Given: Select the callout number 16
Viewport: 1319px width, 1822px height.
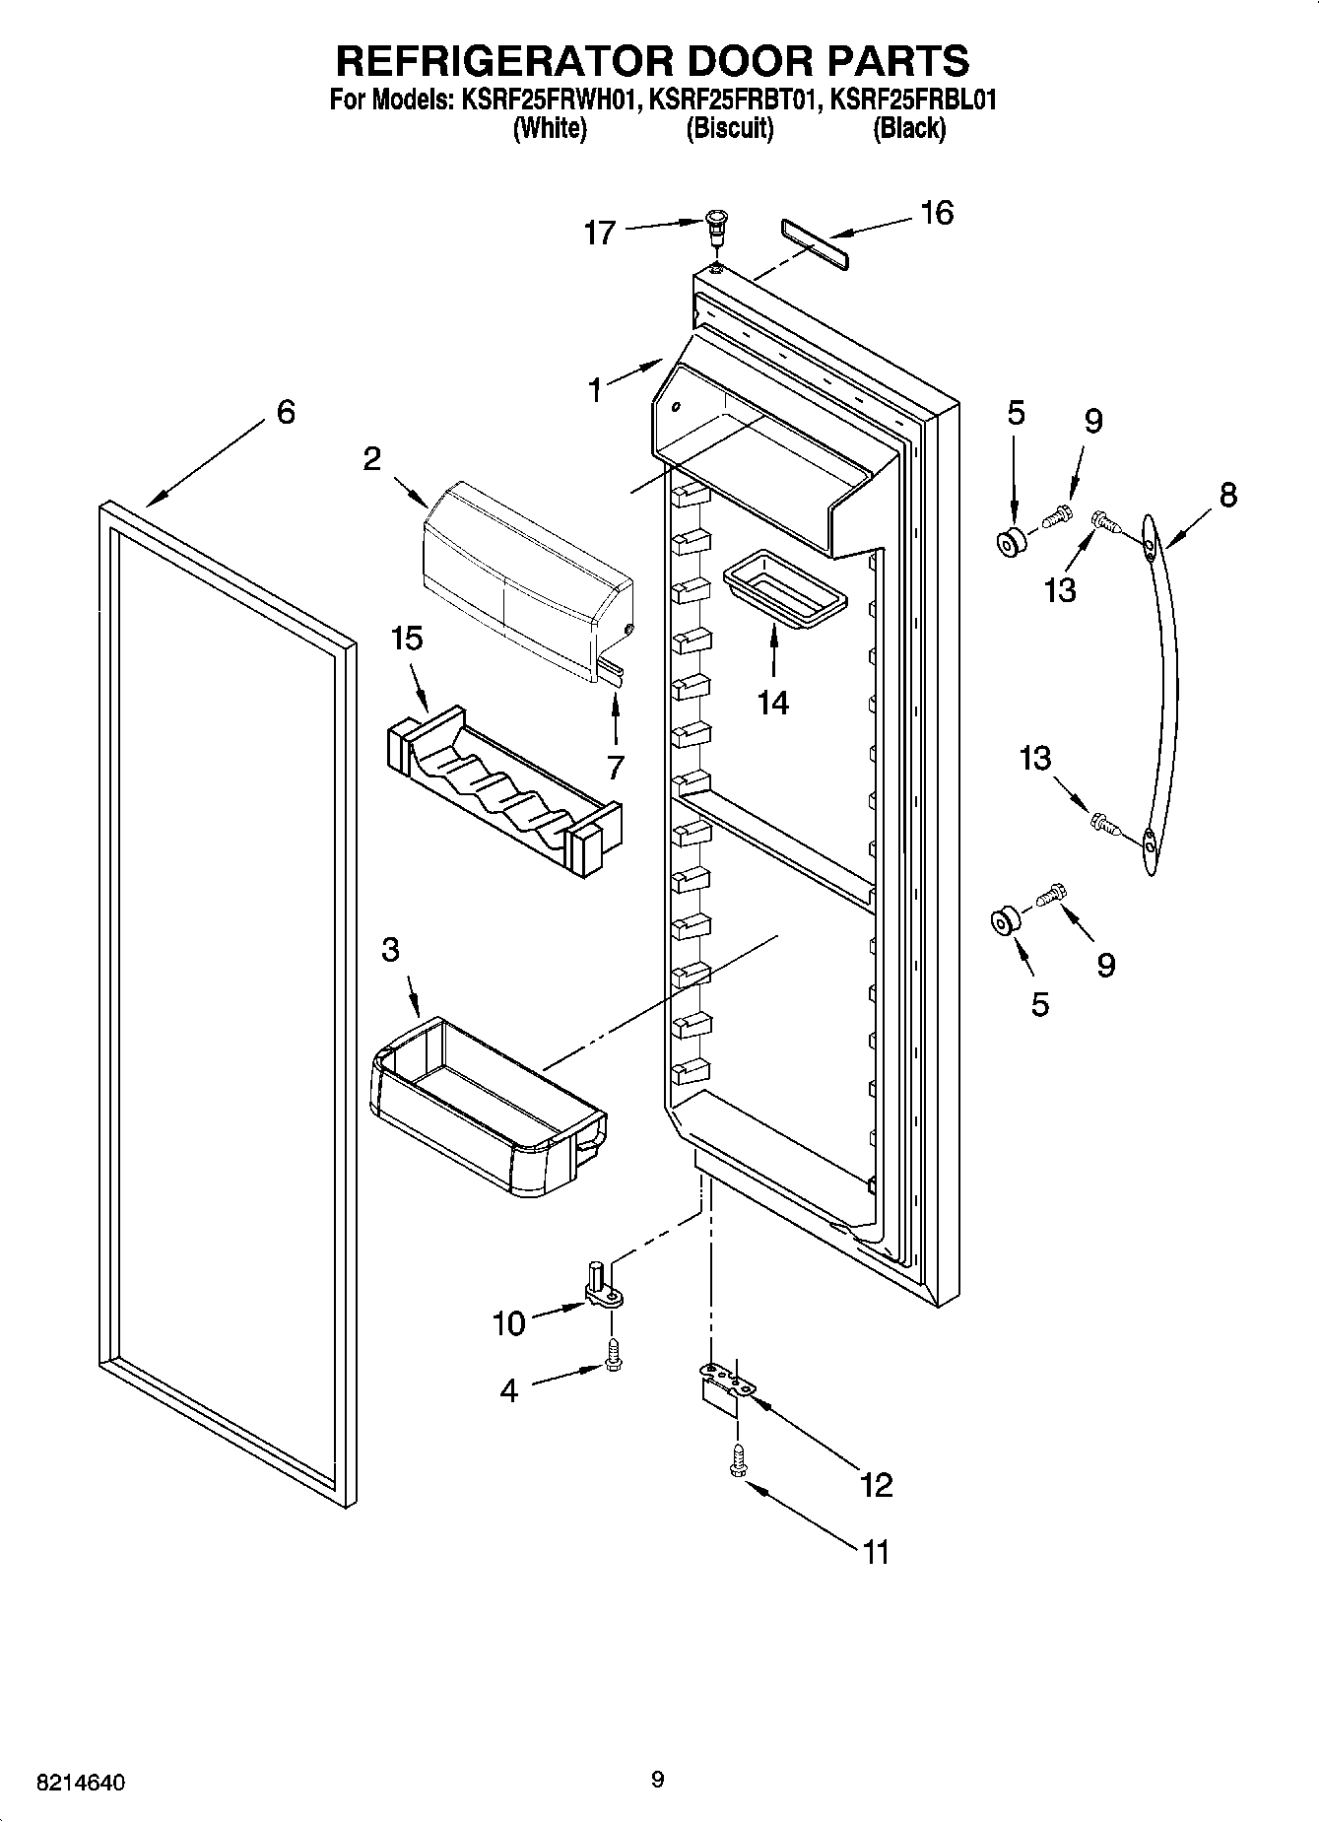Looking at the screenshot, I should click(x=937, y=213).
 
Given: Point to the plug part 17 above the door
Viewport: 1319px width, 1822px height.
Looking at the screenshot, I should click(x=718, y=229).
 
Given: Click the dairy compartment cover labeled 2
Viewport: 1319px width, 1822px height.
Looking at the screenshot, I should click(x=522, y=581).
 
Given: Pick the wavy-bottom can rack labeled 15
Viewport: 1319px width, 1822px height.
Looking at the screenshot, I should click(x=502, y=788).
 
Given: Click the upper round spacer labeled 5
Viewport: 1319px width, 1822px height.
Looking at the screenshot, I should click(x=1010, y=542).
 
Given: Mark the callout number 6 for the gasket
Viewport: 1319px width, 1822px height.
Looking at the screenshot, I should click(x=285, y=412).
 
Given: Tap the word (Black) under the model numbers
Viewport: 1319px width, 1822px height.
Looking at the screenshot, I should click(x=908, y=128).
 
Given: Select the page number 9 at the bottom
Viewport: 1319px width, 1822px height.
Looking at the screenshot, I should click(x=658, y=1780).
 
